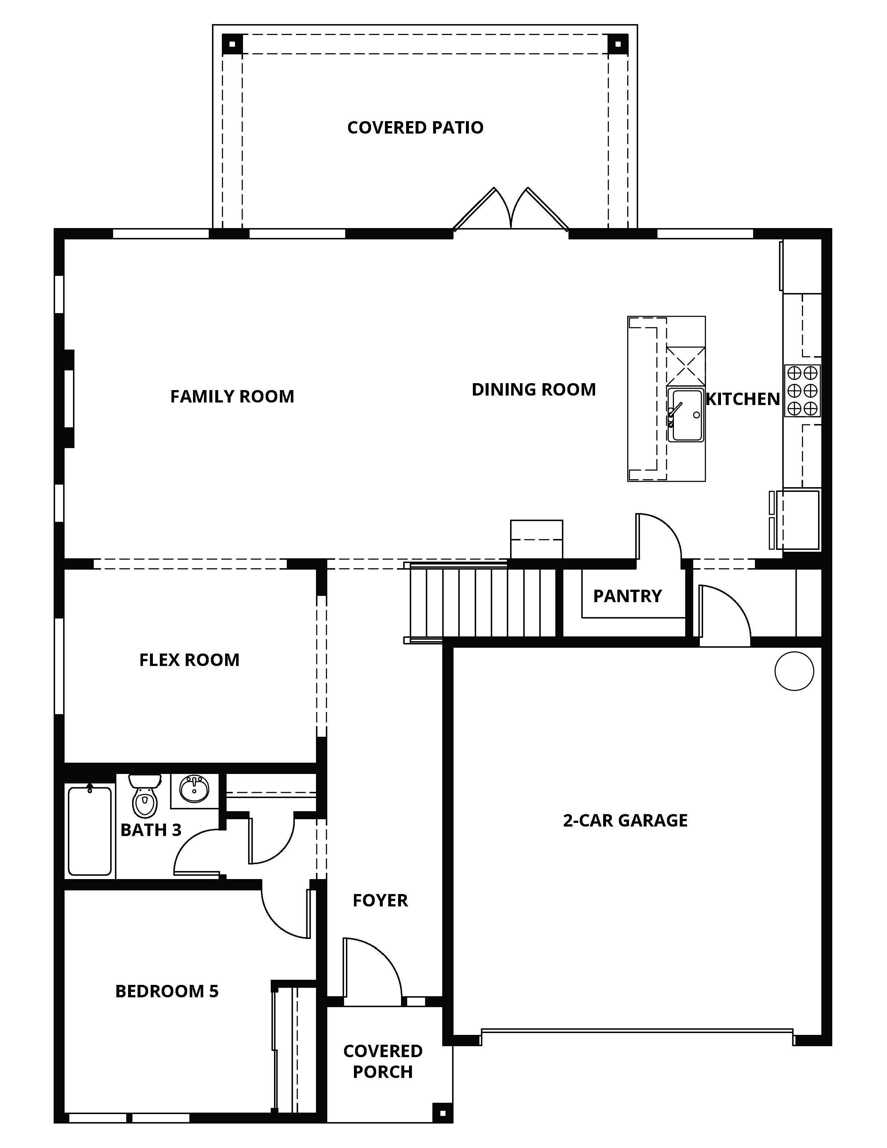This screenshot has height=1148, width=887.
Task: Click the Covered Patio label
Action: pos(415,128)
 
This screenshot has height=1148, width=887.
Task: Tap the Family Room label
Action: pos(232,396)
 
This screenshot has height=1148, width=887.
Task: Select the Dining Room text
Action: pos(534,389)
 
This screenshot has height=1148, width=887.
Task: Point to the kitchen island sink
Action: pos(685,415)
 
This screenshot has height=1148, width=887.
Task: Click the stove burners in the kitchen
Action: pos(802,390)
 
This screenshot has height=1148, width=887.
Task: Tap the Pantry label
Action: pos(628,596)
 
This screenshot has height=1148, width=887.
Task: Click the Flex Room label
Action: pos(189,660)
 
